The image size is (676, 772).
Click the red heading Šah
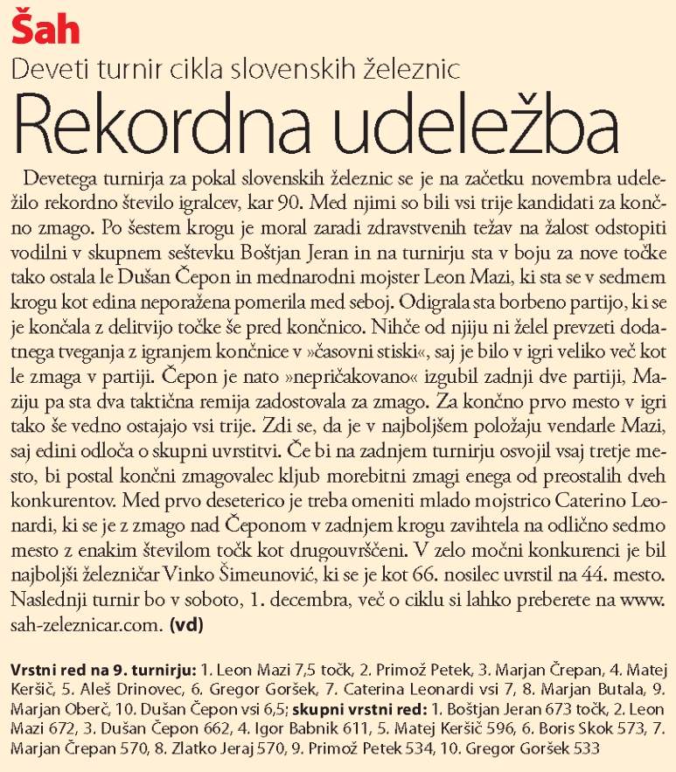pyautogui.click(x=45, y=29)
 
